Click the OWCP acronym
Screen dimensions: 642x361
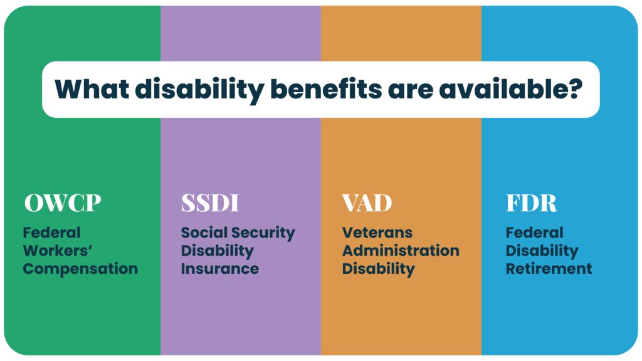click(x=63, y=202)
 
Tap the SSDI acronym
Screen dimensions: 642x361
click(x=210, y=202)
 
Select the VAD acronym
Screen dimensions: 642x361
click(x=367, y=202)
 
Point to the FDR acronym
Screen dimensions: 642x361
click(x=532, y=202)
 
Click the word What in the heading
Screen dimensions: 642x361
click(x=92, y=89)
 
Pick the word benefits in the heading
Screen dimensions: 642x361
click(x=326, y=89)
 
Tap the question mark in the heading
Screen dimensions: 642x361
click(x=575, y=88)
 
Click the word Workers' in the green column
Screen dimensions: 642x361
click(x=58, y=251)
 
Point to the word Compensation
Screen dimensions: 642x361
click(x=80, y=269)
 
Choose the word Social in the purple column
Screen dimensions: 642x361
click(x=204, y=233)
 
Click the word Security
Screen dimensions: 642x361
click(x=263, y=233)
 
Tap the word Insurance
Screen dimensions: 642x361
click(x=220, y=269)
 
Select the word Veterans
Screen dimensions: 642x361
click(x=377, y=233)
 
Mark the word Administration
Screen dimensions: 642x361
click(x=401, y=251)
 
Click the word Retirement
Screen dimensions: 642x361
click(x=549, y=269)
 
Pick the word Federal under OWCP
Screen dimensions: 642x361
click(x=51, y=233)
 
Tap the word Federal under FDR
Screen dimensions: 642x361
click(x=535, y=233)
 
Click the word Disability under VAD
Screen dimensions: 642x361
click(x=378, y=269)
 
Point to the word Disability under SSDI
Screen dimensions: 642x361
click(x=218, y=251)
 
